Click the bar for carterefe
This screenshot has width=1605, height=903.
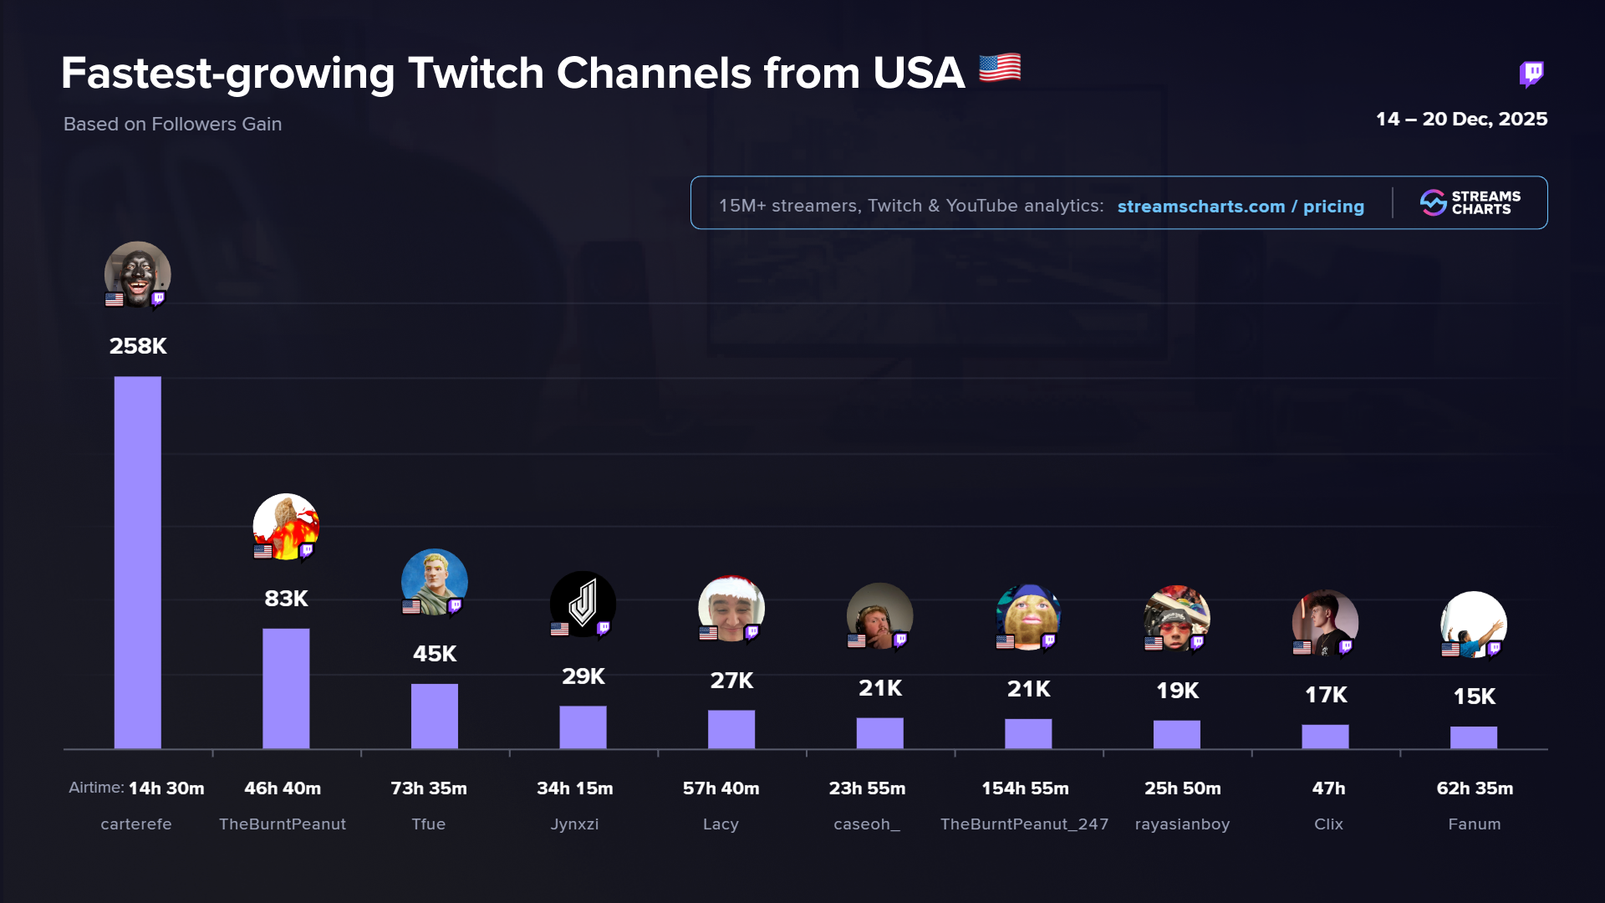point(137,562)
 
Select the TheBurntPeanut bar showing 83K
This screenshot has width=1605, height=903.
point(286,688)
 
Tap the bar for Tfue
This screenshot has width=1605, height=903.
point(435,716)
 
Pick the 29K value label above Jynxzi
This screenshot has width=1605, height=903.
point(583,676)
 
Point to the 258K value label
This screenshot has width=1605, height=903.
point(138,346)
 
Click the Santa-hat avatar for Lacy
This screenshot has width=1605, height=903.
point(731,609)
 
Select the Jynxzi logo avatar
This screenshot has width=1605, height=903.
point(583,604)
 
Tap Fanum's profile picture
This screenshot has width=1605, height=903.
point(1474,624)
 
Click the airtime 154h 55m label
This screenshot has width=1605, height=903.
point(1025,788)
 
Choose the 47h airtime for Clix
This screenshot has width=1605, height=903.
point(1328,788)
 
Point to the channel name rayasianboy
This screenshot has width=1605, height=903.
point(1182,824)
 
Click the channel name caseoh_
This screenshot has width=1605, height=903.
point(867,824)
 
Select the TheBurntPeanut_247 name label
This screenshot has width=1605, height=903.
point(1024,824)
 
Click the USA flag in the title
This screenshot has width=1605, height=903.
point(1000,68)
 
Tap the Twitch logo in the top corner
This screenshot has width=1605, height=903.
point(1531,74)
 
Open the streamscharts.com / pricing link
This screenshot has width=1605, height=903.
point(1241,207)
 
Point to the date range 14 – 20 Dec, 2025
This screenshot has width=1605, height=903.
point(1461,119)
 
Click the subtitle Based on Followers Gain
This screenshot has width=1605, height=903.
point(172,124)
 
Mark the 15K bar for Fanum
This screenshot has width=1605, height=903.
point(1474,737)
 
